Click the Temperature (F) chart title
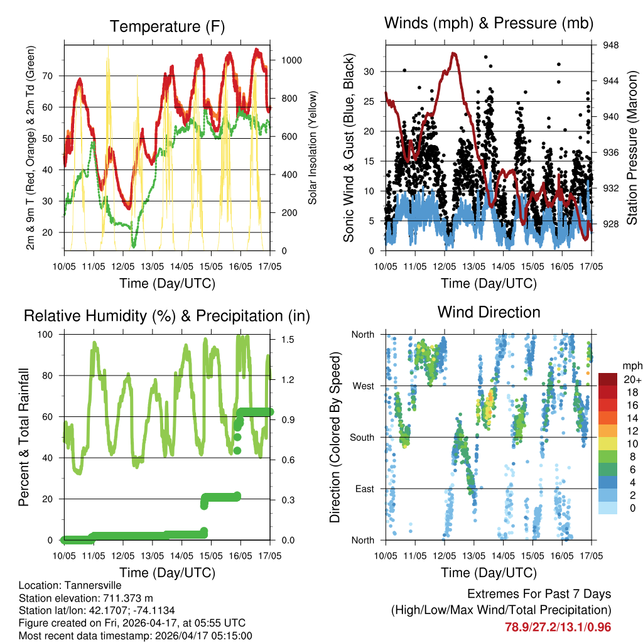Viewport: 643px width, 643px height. (x=167, y=26)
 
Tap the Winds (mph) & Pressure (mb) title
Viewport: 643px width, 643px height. (x=489, y=23)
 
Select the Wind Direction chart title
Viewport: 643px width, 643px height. (x=489, y=311)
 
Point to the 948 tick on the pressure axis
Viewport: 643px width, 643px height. (x=610, y=45)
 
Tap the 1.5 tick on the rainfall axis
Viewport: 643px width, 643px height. (x=288, y=339)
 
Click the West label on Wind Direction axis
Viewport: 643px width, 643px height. (x=362, y=386)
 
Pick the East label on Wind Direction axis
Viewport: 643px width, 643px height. (x=364, y=489)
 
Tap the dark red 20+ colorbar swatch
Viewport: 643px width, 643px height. (x=608, y=379)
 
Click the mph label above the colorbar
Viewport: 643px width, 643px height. (x=631, y=365)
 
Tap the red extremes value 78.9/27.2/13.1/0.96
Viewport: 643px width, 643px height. (x=558, y=627)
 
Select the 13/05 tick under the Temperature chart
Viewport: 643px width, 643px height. (x=152, y=266)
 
